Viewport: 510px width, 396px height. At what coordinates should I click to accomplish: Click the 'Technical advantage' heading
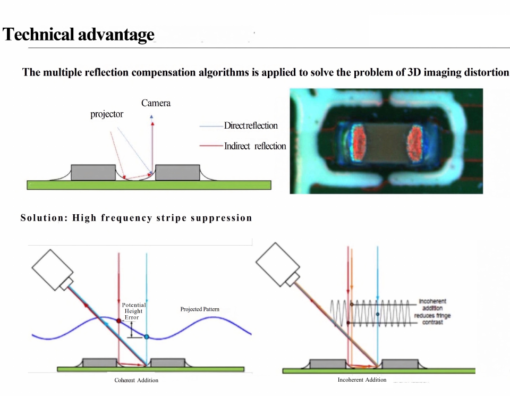(79, 35)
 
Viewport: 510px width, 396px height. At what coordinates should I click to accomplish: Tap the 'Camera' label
(156, 103)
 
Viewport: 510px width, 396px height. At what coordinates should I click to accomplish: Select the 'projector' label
(107, 114)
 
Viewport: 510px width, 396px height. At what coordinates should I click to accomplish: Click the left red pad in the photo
(357, 142)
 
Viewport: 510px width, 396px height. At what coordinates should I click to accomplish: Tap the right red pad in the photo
(415, 143)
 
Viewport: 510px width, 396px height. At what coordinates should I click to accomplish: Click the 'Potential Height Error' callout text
(134, 311)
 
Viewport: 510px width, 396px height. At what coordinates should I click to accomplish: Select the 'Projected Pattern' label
(200, 309)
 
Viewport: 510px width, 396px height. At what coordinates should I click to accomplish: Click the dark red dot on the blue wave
(118, 321)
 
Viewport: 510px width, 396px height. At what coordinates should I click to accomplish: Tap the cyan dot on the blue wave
(147, 337)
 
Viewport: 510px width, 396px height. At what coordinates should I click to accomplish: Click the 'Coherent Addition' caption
(137, 380)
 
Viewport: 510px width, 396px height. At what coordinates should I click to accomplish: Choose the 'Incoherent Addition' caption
(362, 380)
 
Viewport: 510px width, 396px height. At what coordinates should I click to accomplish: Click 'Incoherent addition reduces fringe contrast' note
(432, 311)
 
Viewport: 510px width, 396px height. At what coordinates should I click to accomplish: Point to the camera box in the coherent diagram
(53, 269)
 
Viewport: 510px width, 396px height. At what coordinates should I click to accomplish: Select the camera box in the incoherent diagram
(277, 265)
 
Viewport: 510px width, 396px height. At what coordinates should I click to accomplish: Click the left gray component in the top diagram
(93, 172)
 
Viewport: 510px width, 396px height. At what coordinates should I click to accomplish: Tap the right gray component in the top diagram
(177, 172)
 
